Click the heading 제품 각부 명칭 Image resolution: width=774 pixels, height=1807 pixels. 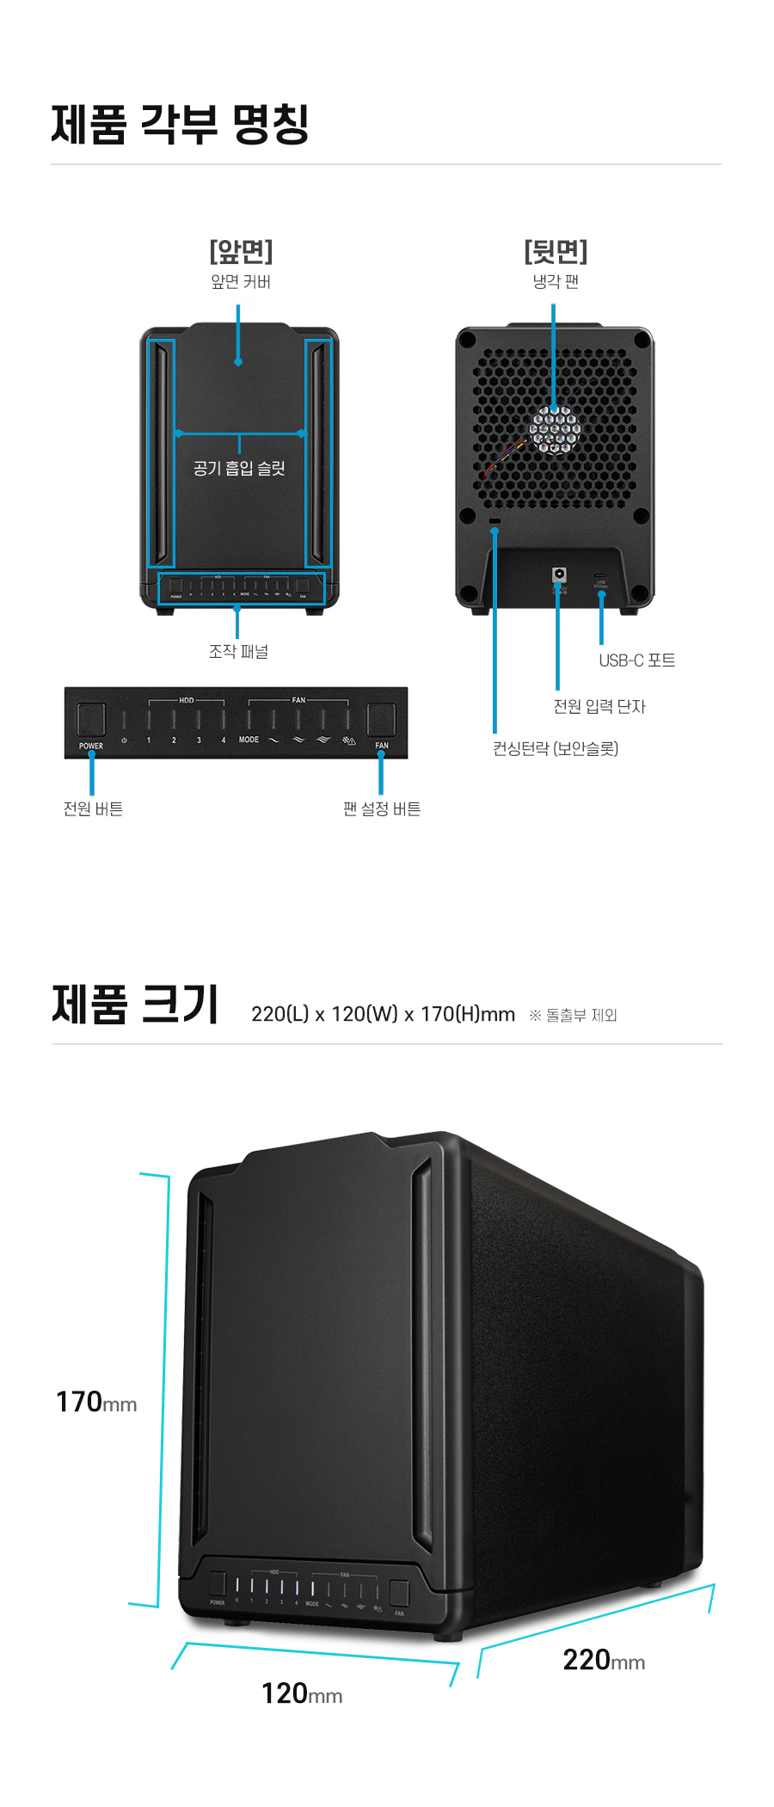[x=180, y=124]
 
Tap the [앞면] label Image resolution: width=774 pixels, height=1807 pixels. [x=241, y=251]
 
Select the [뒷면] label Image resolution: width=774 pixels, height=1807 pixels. [x=556, y=251]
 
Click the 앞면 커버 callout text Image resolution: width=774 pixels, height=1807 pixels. [x=241, y=282]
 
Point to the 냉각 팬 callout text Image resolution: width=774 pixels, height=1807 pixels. [x=556, y=282]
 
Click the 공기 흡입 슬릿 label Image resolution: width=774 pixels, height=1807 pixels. [x=239, y=469]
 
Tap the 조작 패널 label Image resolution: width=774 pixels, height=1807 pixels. [x=238, y=652]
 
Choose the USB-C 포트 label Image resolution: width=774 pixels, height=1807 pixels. [x=636, y=661]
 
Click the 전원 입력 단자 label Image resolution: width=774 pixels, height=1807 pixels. [x=599, y=706]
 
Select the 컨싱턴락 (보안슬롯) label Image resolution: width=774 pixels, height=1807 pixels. [x=555, y=748]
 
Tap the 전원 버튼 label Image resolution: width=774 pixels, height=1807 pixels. [x=93, y=808]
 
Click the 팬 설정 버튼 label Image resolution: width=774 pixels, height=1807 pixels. [x=382, y=808]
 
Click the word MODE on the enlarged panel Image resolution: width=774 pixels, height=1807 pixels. [x=249, y=740]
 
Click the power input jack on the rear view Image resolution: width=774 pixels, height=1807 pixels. [x=560, y=574]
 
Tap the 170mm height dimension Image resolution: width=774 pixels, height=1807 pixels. [x=95, y=1402]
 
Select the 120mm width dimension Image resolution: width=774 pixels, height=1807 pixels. [x=301, y=1693]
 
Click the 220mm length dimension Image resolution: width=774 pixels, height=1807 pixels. [x=604, y=1660]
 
